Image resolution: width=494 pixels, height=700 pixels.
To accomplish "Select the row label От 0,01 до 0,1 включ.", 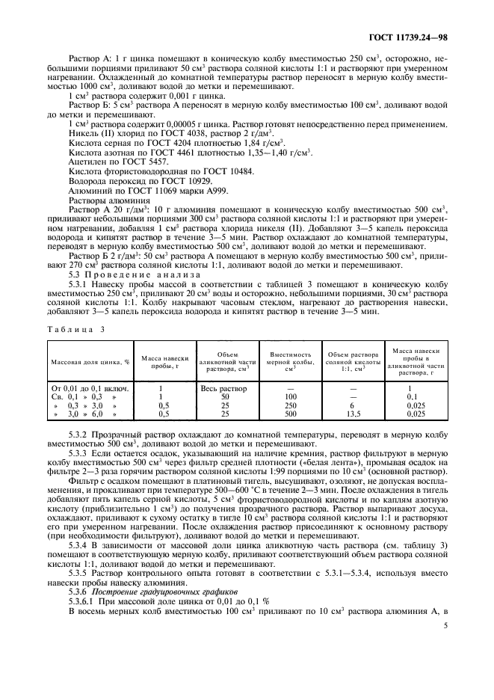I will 90,389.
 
